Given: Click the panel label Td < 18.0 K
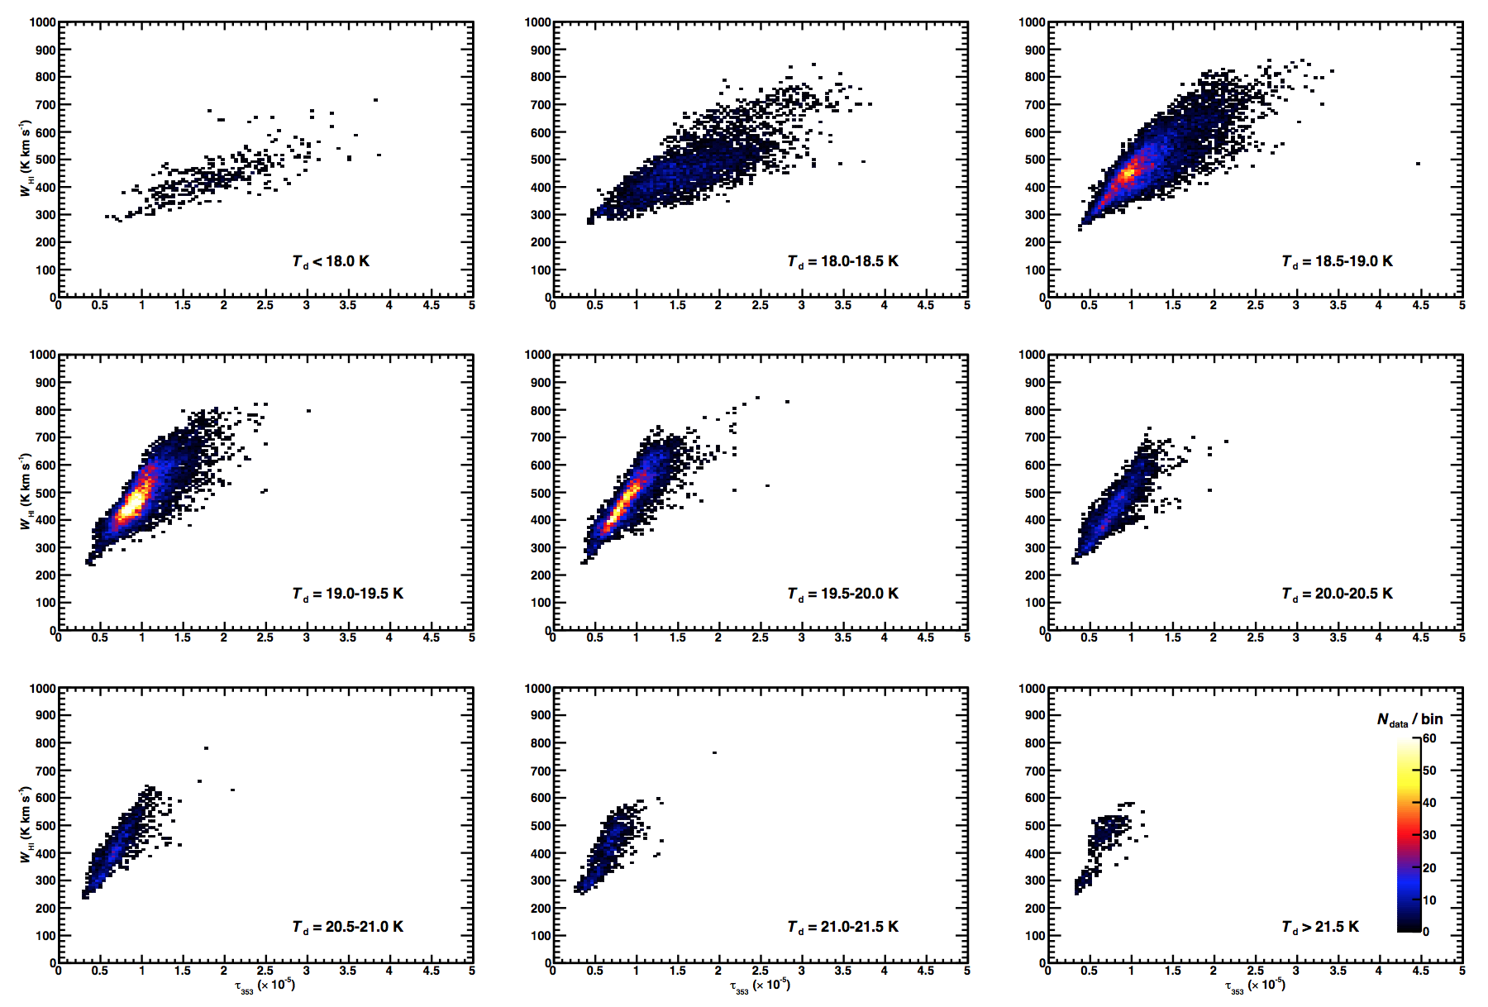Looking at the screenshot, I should [x=331, y=261].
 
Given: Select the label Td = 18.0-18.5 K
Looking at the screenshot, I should [x=842, y=261].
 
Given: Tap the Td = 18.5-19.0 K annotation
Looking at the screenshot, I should [x=1337, y=261].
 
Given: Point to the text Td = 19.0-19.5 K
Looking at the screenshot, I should [x=347, y=594].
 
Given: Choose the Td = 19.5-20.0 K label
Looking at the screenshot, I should [x=842, y=594].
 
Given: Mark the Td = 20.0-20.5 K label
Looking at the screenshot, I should [x=1337, y=594].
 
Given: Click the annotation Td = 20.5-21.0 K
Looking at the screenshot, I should [x=347, y=927].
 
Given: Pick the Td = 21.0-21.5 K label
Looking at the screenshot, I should [x=842, y=927].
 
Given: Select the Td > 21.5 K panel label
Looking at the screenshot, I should [x=1320, y=927].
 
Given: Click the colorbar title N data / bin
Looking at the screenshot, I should [x=1409, y=720].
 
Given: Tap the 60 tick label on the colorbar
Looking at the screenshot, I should [x=1429, y=738].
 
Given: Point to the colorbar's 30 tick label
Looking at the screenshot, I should [x=1429, y=835].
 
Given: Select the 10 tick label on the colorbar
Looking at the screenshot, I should [x=1429, y=900].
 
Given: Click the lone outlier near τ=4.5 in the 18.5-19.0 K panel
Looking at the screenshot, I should [x=1418, y=164].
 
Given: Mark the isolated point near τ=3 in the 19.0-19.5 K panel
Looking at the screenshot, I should [x=308, y=410].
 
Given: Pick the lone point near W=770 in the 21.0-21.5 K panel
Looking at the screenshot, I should [x=714, y=752].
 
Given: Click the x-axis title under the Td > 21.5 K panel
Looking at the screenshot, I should [x=1254, y=986].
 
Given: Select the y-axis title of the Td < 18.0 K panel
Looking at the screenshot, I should [x=26, y=158].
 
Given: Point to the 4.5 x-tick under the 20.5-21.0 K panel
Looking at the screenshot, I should [x=431, y=971].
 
